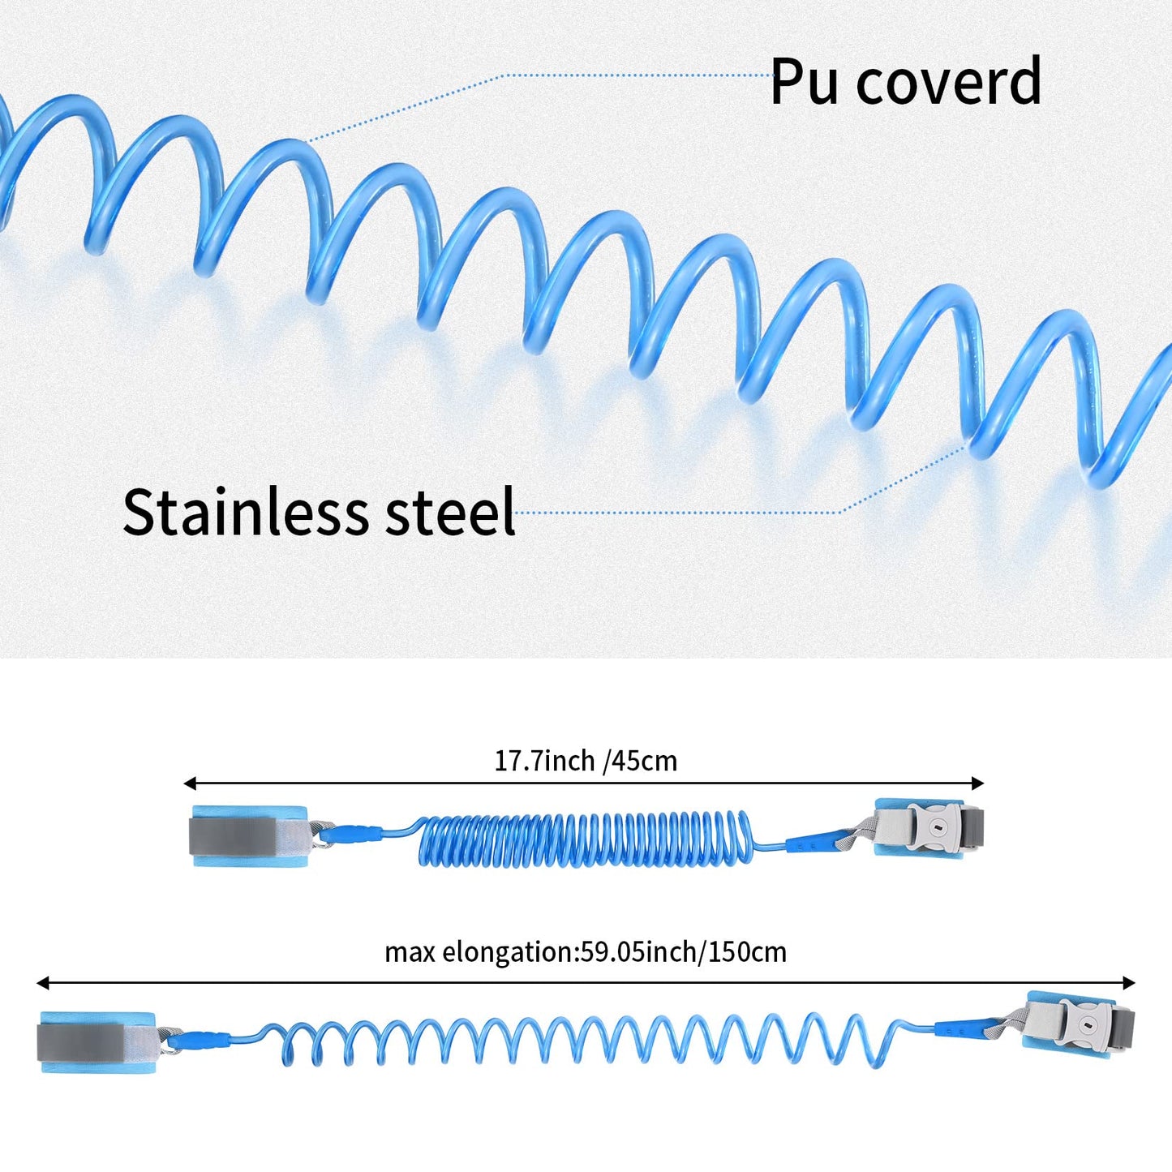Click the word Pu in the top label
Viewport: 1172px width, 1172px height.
804,82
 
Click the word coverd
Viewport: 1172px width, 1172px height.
948,82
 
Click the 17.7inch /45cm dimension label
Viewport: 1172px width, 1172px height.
586,761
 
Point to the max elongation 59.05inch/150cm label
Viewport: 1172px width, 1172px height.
586,951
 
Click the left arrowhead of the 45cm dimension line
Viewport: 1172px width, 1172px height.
190,783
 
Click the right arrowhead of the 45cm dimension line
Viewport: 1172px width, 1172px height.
978,783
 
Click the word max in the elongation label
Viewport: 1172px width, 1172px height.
410,952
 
